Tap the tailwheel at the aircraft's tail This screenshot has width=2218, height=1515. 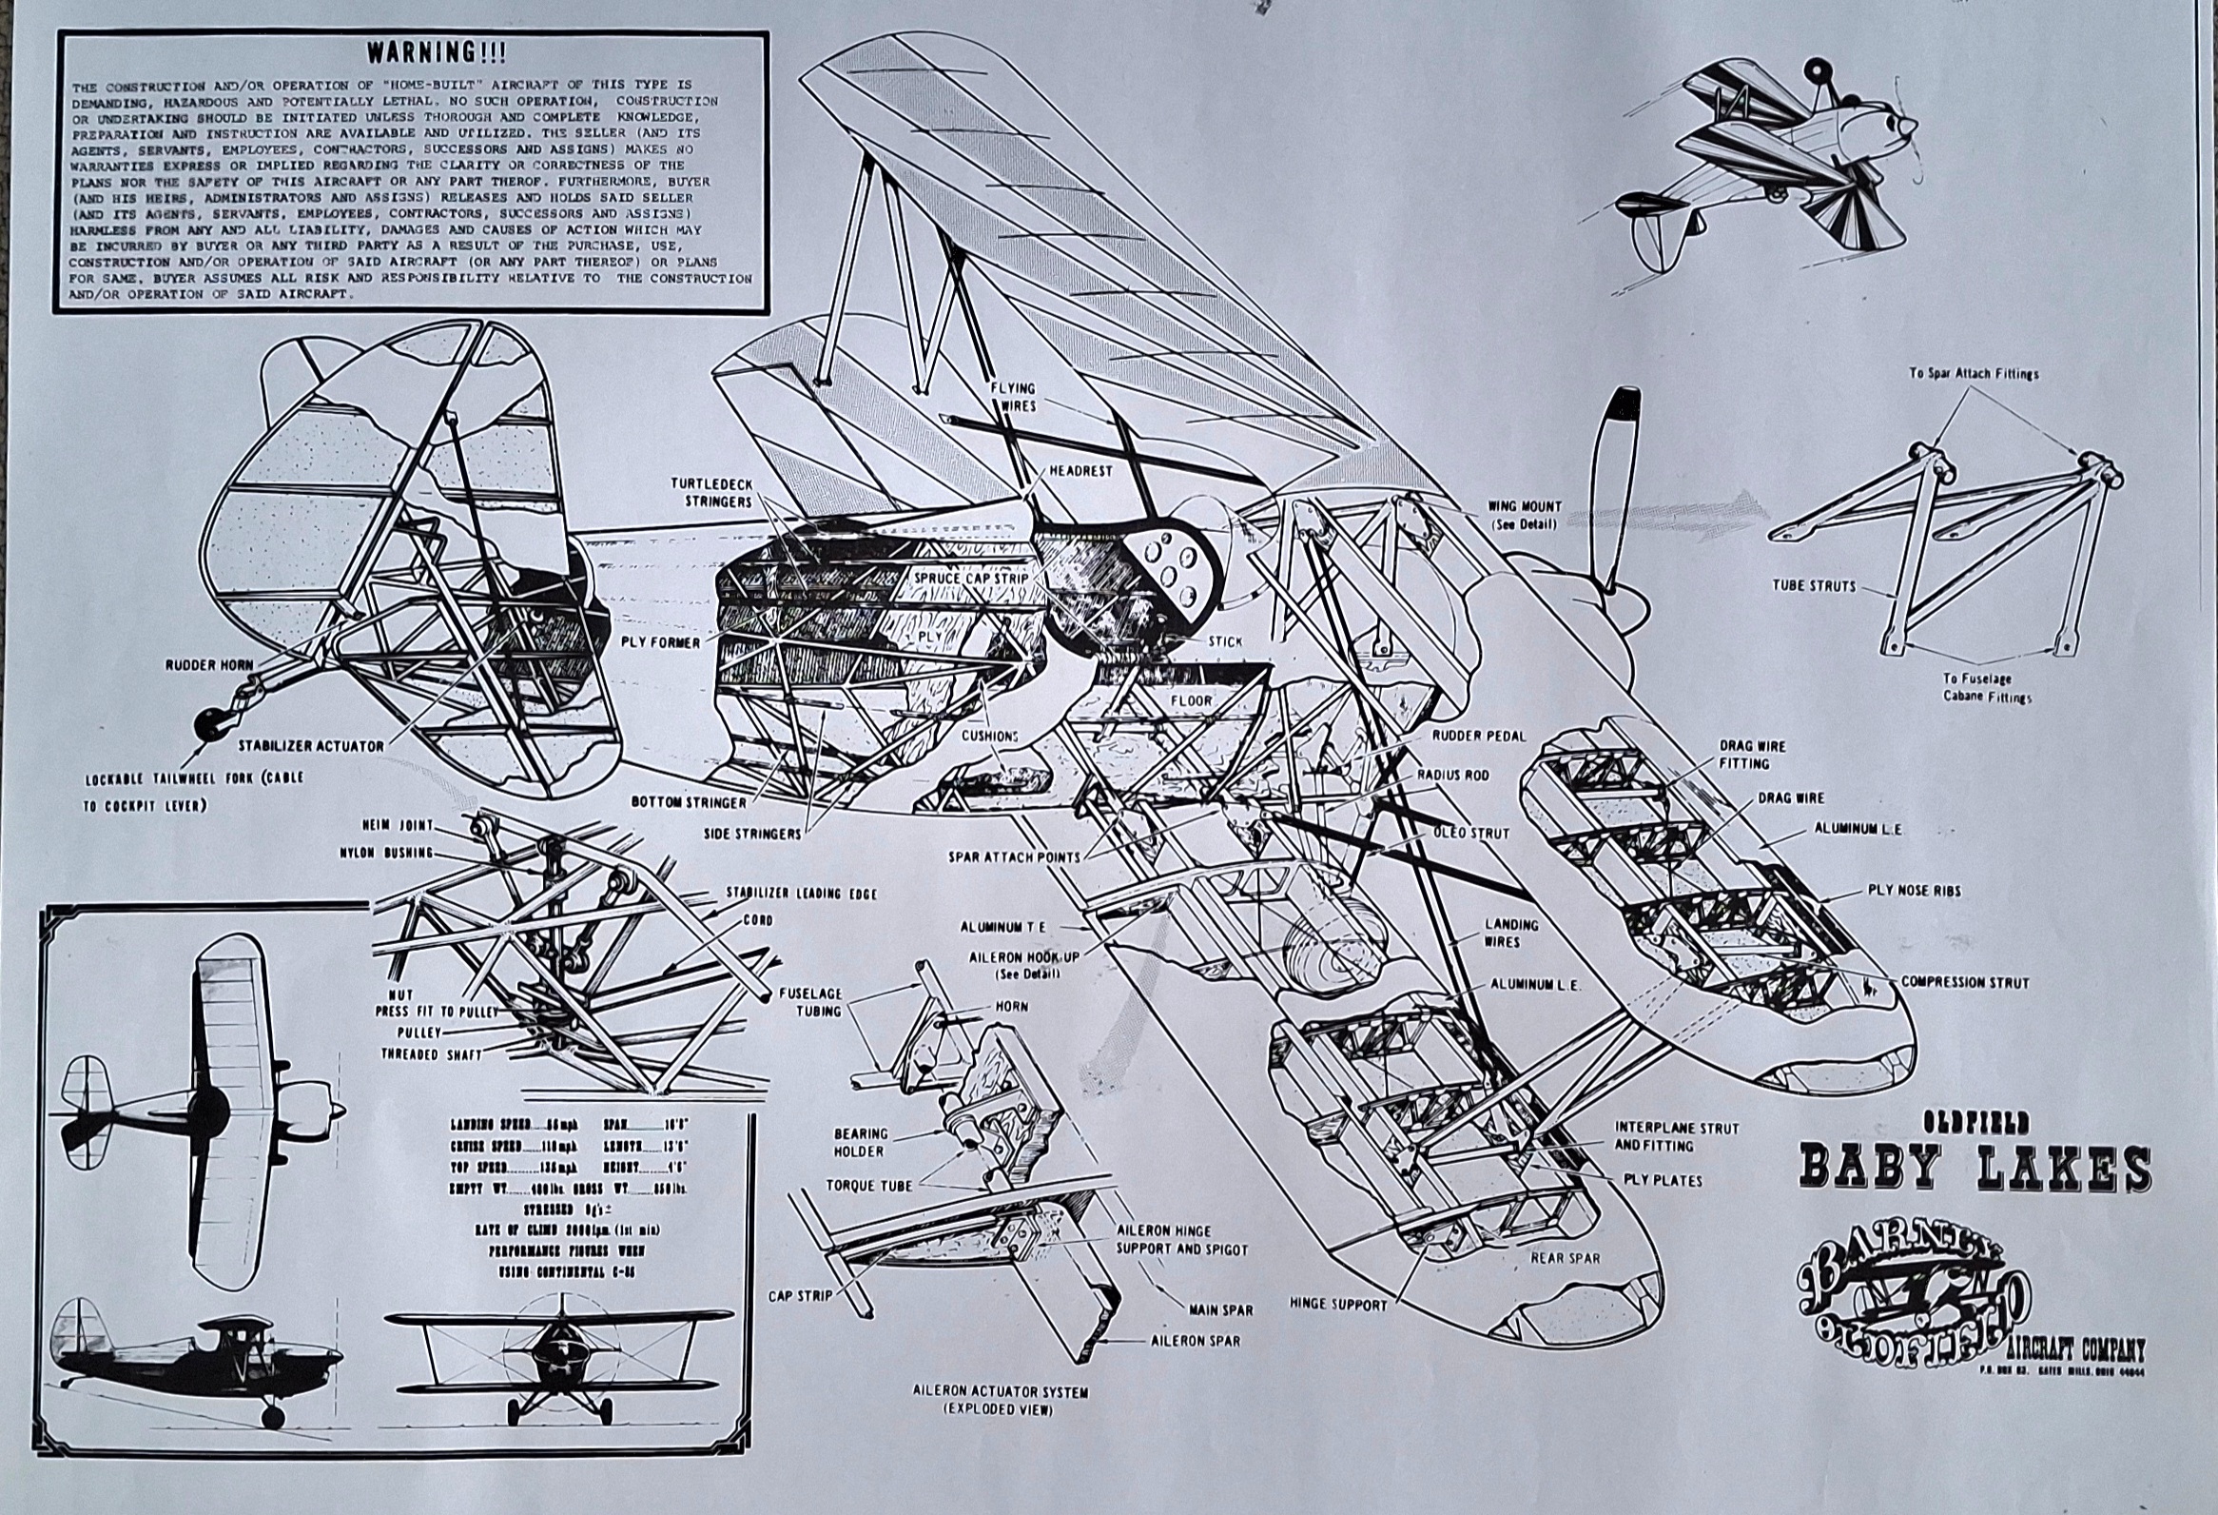[209, 723]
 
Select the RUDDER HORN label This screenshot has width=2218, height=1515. [210, 664]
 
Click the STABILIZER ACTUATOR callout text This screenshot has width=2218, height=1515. [311, 745]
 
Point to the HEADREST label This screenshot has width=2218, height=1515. [1080, 472]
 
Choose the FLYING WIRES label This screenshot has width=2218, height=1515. [1012, 397]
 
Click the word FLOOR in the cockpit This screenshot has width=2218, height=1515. [1191, 700]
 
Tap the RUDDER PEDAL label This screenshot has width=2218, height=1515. [1478, 736]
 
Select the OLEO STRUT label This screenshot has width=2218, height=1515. [1471, 834]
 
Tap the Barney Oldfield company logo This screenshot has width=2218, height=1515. [1913, 1293]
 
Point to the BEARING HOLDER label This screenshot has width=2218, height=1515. [861, 1142]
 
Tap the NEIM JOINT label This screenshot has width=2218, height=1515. [397, 825]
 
